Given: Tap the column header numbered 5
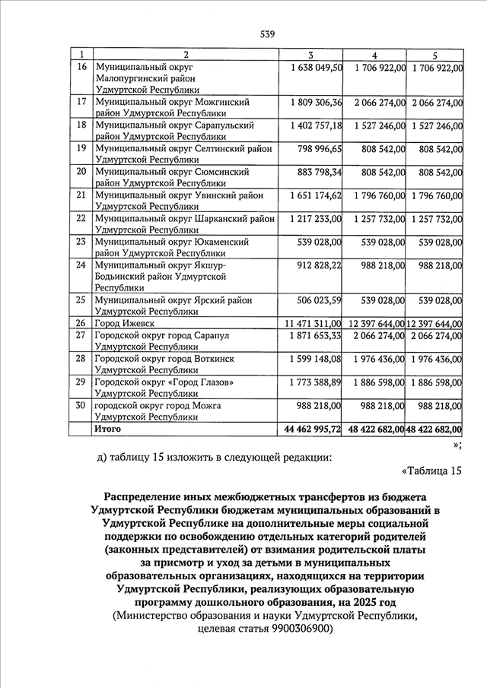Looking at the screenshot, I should point(434,55).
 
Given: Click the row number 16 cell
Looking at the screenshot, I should point(81,68).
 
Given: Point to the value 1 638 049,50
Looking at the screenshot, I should point(316,68).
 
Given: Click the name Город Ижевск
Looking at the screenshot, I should point(122,323).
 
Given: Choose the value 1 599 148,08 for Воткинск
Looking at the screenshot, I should point(316,358).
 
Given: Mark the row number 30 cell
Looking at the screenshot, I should point(81,405).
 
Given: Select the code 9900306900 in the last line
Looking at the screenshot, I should point(293,629).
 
